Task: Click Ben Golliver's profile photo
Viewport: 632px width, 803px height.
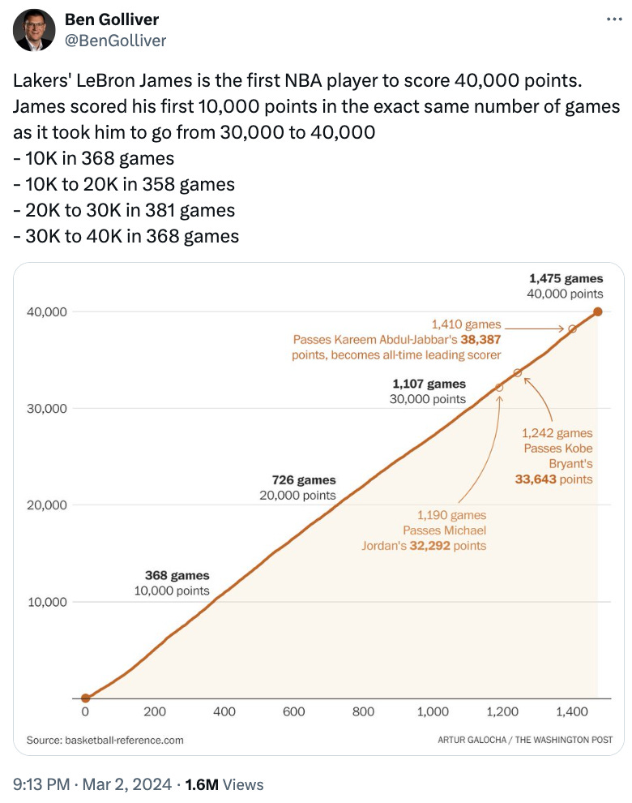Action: click(32, 30)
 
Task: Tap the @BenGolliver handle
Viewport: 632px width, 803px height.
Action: click(116, 40)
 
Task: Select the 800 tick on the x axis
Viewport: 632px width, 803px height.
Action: click(363, 712)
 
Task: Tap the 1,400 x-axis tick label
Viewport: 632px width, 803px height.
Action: click(573, 712)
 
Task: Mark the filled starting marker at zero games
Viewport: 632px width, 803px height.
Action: click(85, 698)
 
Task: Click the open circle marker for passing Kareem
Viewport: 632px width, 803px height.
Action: click(572, 328)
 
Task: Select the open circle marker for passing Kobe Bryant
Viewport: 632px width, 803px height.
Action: click(518, 372)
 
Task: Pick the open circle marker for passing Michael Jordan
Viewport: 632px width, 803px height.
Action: click(499, 388)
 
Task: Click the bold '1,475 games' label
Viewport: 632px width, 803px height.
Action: click(566, 278)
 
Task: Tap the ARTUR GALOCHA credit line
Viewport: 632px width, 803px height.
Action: click(524, 740)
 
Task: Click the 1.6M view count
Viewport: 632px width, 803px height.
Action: click(202, 784)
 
